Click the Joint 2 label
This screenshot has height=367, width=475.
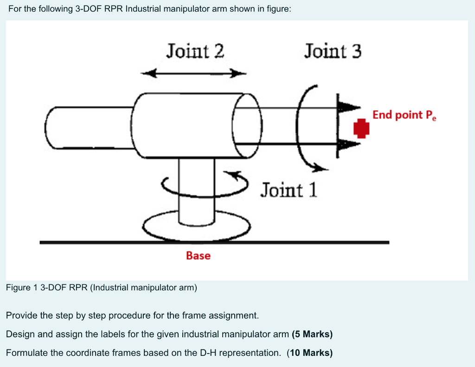195,51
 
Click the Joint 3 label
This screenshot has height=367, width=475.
332,51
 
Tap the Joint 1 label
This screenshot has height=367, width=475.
289,190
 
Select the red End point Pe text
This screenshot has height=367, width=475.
404,115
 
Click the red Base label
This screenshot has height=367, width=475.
198,256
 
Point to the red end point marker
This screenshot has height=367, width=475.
361,128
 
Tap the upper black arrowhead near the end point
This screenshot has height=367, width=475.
348,107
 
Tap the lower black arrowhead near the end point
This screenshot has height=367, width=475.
348,144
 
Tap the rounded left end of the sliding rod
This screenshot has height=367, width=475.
52,128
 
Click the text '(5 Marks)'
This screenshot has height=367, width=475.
312,334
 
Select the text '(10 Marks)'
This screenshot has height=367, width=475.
309,353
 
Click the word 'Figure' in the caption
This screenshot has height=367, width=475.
18,287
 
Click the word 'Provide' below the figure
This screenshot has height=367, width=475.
21,315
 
